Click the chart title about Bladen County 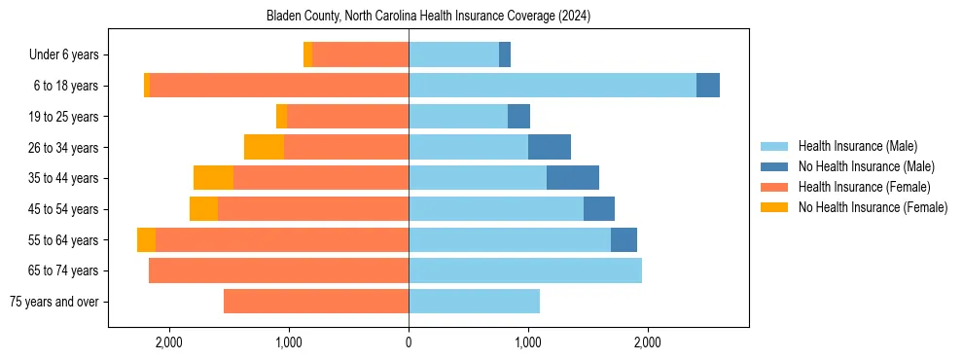428,17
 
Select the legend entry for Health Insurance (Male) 857,146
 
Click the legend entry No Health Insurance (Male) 864,166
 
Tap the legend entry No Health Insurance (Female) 872,207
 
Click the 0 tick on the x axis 409,342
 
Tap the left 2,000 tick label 168,342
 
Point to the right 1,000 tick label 528,342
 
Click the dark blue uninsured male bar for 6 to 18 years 708,86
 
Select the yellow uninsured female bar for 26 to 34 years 264,147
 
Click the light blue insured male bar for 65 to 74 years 525,270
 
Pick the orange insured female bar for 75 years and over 316,302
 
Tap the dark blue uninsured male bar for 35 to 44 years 573,178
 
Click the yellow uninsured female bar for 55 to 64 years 146,239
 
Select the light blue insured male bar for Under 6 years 453,55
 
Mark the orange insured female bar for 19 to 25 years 347,117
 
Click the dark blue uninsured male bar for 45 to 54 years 599,209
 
